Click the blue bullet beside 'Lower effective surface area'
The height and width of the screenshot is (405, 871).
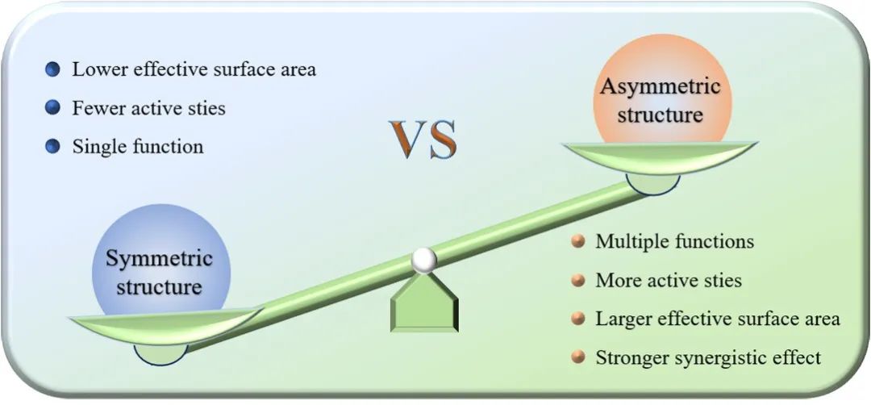(52, 70)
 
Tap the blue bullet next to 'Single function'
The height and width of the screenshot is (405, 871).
(52, 147)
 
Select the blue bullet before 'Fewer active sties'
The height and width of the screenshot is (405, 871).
(52, 108)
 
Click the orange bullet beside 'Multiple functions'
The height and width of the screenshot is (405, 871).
(578, 242)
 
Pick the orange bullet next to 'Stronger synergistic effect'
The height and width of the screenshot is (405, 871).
(578, 357)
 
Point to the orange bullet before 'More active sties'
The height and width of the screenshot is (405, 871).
(578, 281)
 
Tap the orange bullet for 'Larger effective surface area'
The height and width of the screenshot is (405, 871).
(578, 319)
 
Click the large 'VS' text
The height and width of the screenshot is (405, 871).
(423, 140)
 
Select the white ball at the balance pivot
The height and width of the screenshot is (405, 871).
(424, 261)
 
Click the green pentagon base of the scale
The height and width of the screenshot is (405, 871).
(424, 303)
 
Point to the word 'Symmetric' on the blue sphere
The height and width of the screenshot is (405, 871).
(160, 259)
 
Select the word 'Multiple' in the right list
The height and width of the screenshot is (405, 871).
(625, 242)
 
